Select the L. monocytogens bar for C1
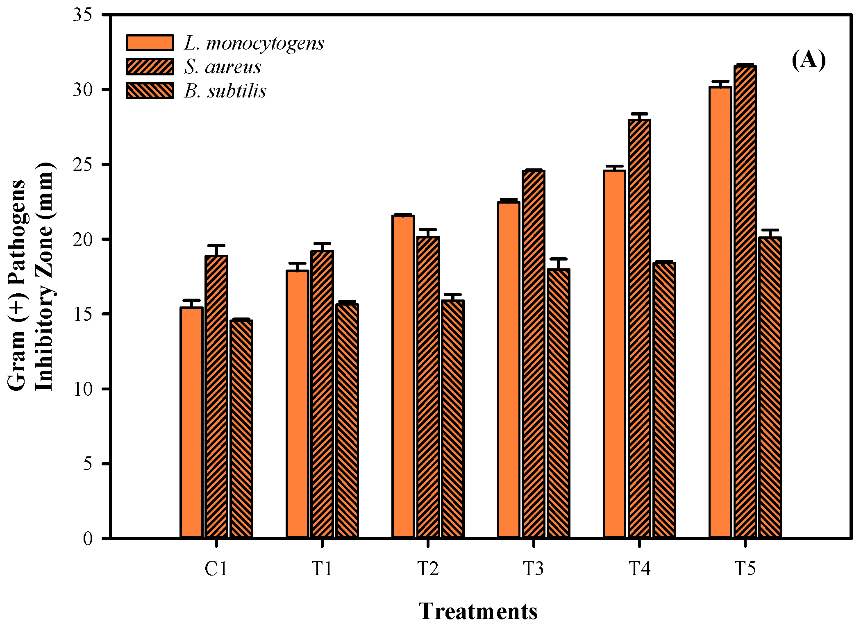(191, 422)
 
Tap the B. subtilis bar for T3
(558, 404)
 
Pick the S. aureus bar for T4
(639, 328)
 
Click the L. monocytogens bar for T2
(403, 376)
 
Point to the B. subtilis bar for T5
(770, 388)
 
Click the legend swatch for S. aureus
(150, 67)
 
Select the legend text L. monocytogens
(254, 43)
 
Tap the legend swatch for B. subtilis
(150, 91)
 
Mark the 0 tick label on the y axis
(88, 538)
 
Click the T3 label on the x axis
(533, 569)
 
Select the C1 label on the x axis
(216, 569)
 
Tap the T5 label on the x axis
(745, 569)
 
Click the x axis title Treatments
(478, 612)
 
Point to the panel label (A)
(808, 61)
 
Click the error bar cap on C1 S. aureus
(216, 246)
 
